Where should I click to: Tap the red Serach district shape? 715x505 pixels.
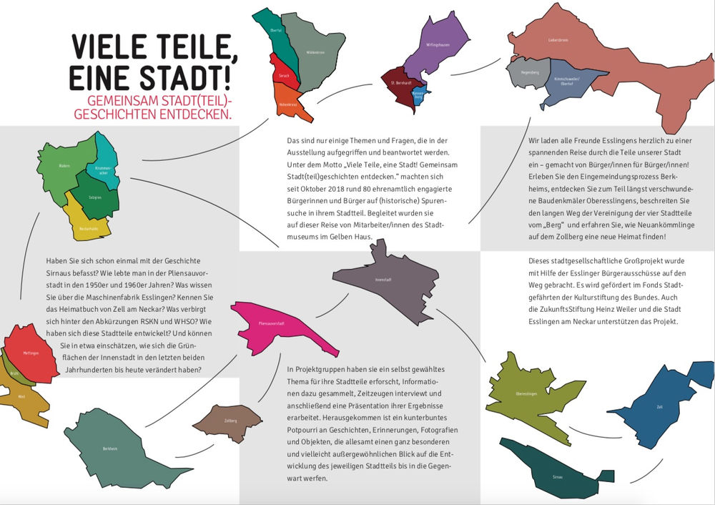[283, 74]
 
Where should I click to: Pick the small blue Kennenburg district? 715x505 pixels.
[420, 94]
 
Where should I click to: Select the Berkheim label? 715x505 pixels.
[109, 448]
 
